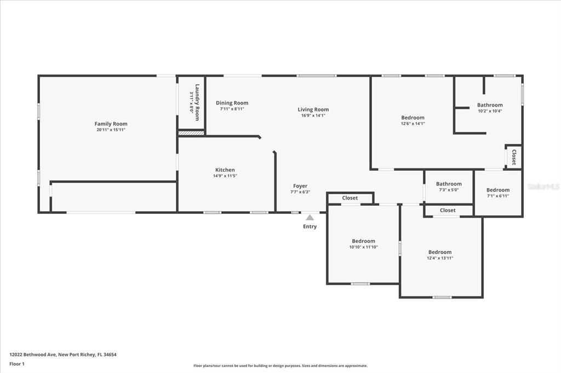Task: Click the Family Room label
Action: [111, 124]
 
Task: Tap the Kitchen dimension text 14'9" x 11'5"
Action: [225, 176]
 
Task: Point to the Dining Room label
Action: [232, 103]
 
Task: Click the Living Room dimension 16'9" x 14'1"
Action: [313, 115]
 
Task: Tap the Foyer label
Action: [300, 186]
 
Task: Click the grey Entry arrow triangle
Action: [310, 217]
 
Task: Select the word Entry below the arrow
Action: [310, 226]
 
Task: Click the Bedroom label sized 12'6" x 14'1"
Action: [413, 118]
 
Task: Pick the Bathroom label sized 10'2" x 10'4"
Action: [489, 105]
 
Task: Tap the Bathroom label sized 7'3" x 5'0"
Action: [449, 184]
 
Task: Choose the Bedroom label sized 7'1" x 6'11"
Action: [497, 190]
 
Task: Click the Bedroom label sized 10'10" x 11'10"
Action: [363, 241]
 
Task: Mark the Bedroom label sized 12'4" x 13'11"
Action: [440, 252]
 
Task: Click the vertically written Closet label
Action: [514, 157]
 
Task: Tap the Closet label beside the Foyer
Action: [350, 198]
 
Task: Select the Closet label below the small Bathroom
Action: [448, 210]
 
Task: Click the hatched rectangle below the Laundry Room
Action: [191, 132]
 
